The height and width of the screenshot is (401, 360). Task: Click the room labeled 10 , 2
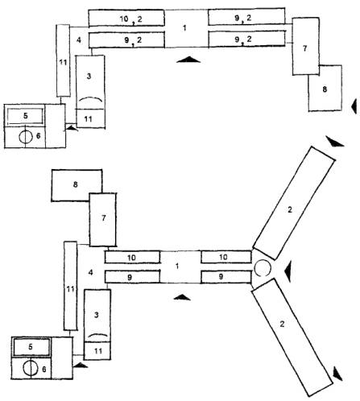pos(126,19)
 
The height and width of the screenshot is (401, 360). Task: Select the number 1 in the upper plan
pos(184,27)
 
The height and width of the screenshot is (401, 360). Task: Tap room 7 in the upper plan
pos(305,46)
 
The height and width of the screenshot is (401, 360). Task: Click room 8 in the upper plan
pos(325,88)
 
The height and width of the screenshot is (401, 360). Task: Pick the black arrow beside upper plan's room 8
pos(354,106)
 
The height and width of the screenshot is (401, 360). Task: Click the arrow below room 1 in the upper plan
pos(188,60)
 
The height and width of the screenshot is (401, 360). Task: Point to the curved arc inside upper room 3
pos(91,99)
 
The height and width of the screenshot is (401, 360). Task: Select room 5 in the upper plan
pos(25,116)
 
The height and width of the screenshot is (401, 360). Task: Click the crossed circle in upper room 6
pos(26,137)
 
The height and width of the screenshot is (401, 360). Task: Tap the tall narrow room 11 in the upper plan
pos(64,60)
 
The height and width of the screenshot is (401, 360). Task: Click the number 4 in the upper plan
pos(79,40)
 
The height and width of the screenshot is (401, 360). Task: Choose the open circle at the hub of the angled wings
pos(262,268)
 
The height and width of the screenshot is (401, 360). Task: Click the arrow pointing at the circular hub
pos(288,272)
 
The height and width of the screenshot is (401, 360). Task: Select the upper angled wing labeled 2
pos(294,203)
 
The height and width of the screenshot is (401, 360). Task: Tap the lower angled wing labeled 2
pos(292,337)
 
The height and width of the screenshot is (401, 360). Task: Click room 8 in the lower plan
pos(77,185)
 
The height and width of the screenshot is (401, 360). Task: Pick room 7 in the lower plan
pos(103,220)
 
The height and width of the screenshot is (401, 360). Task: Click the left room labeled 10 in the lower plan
pos(132,257)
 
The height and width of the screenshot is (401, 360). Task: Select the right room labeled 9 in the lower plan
pos(226,277)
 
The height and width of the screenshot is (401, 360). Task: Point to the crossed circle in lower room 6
pos(30,368)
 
